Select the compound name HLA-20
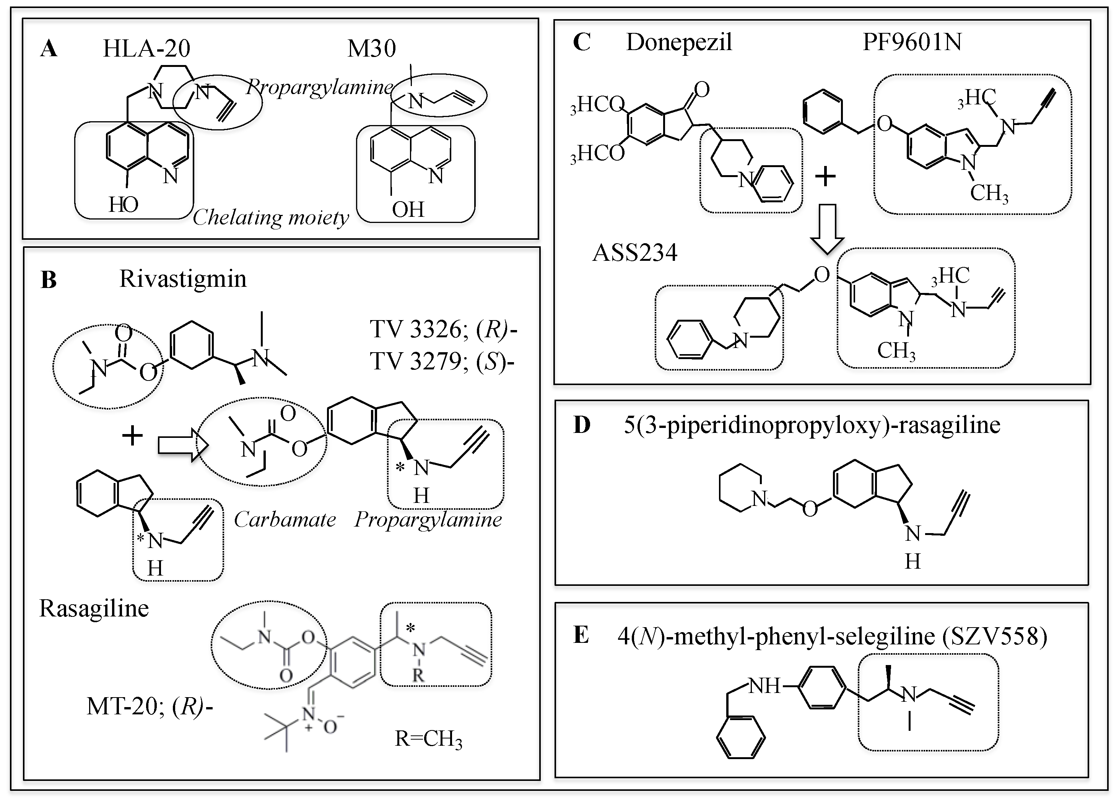pos(146,48)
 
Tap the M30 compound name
pos(371,48)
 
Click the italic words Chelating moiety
pos(270,217)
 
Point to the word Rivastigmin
pos(182,279)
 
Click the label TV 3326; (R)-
pos(443,330)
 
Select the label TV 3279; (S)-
pos(442,361)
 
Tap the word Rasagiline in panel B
pos(94,608)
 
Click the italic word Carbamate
pos(285,519)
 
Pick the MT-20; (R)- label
pos(150,707)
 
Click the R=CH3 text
pos(428,739)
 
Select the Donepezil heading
pos(679,42)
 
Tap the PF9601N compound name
pos(912,42)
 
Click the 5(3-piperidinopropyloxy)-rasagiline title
pos(812,425)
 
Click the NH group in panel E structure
pos(764,685)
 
